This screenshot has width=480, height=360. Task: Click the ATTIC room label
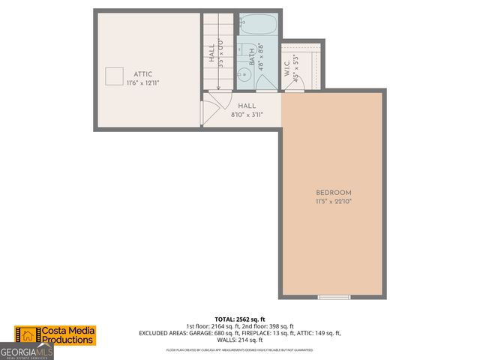pos(143,73)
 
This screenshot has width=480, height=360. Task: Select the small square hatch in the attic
pos(114,76)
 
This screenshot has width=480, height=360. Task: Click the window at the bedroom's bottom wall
pos(334,298)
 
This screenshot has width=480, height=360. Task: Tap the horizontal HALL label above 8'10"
pos(247,107)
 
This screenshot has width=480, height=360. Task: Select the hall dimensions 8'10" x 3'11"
pos(247,115)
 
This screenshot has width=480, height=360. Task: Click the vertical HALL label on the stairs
pos(212,52)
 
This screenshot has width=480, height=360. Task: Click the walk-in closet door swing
pos(295,84)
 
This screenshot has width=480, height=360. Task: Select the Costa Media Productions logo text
pos(67,335)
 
